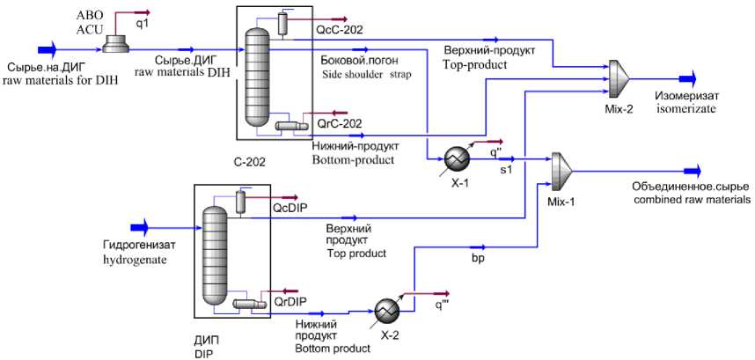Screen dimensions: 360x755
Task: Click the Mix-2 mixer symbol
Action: [622, 77]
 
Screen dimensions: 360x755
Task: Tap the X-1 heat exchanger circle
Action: [457, 158]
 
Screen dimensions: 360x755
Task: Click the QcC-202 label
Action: [334, 29]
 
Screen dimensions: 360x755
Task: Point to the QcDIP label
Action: [290, 209]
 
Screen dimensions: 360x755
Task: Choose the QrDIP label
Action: [290, 301]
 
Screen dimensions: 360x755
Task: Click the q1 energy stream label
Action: [143, 24]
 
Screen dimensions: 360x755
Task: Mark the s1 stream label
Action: [506, 169]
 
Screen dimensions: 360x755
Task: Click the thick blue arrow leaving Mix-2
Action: [685, 77]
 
